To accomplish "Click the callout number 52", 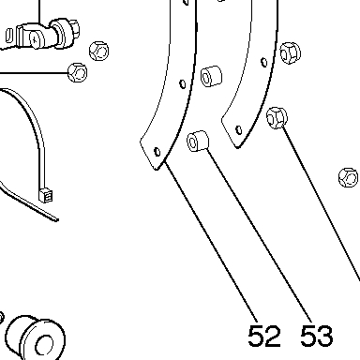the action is [264, 336].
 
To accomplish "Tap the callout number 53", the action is [316, 336].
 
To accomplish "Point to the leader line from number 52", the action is [211, 241].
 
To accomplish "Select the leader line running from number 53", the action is [259, 235].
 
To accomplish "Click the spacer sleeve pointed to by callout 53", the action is [198, 141].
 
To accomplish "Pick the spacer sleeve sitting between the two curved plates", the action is [211, 76].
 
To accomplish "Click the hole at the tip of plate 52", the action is [157, 152].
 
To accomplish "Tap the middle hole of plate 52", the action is [183, 83].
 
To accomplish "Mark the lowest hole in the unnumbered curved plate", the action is [239, 129].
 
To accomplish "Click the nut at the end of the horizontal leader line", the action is [78, 72].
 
